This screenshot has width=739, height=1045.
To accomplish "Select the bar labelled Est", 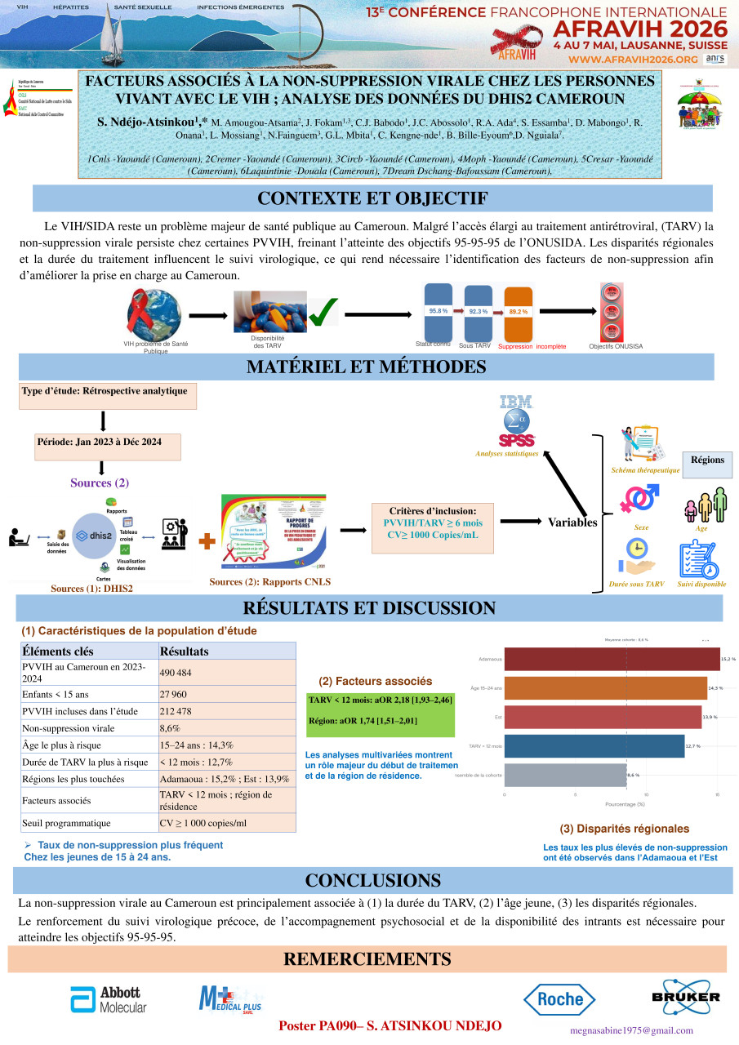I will [x=603, y=718].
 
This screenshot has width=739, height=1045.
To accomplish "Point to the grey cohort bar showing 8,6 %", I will [x=565, y=775].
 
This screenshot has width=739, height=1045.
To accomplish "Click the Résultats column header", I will [x=226, y=651].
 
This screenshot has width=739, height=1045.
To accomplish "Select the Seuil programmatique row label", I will [x=88, y=824].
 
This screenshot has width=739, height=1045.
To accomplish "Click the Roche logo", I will [x=559, y=998].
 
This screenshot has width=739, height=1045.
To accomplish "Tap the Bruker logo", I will [x=686, y=996].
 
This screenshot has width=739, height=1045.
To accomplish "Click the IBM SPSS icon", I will [x=516, y=420].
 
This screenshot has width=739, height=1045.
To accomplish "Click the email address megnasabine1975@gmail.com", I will [x=642, y=1030].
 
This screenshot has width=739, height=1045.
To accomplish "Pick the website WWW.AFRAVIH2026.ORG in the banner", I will [x=633, y=60].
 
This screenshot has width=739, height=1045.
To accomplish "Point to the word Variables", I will [x=572, y=522].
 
